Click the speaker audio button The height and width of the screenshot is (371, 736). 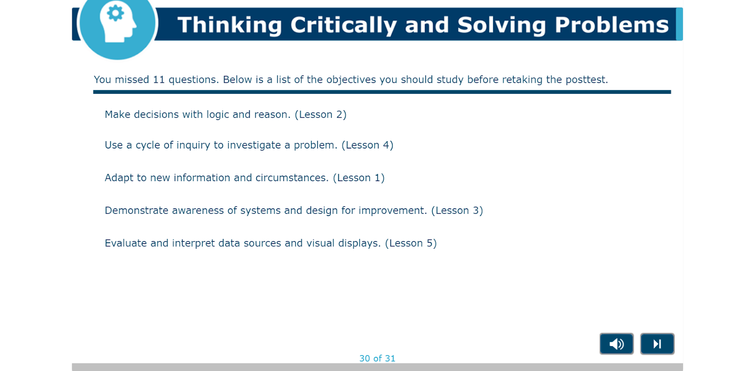(x=616, y=344)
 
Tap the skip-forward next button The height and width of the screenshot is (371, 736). (x=657, y=344)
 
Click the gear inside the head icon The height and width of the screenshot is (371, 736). (x=115, y=13)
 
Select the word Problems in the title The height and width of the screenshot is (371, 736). (x=611, y=25)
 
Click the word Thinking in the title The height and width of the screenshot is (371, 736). (x=230, y=25)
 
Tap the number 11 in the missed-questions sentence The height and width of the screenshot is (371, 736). (x=159, y=80)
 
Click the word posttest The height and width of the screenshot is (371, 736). (x=586, y=80)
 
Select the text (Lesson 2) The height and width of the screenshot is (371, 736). (x=320, y=114)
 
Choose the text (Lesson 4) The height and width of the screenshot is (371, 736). (x=368, y=145)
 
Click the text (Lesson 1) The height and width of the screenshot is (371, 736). (x=358, y=178)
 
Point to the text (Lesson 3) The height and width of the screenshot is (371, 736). (x=457, y=211)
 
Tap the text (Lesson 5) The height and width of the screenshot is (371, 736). (x=411, y=243)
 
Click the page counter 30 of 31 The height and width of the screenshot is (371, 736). (x=377, y=359)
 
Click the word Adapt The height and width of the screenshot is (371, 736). (x=119, y=178)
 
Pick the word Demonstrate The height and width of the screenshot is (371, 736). (x=136, y=211)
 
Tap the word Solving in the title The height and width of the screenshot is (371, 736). (x=501, y=25)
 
